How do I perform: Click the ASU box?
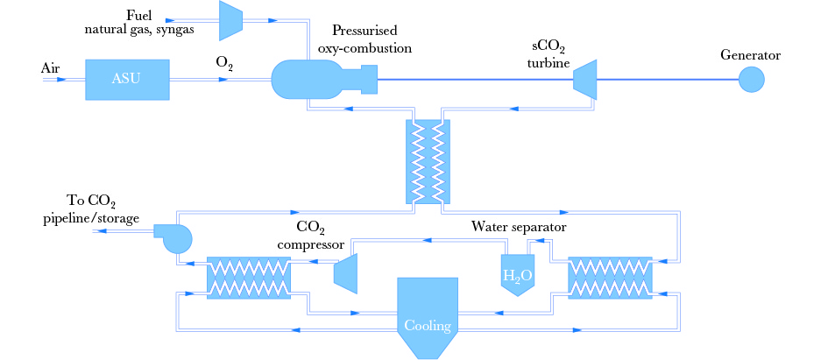click(126, 79)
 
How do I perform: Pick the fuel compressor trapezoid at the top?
click(230, 19)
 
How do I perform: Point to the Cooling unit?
click(428, 315)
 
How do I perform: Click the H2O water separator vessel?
click(517, 275)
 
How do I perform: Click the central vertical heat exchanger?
click(427, 160)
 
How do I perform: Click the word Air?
click(50, 67)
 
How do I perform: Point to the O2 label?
click(224, 63)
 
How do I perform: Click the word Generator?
click(750, 55)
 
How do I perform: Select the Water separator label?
click(519, 227)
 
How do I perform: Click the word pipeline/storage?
click(91, 218)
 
